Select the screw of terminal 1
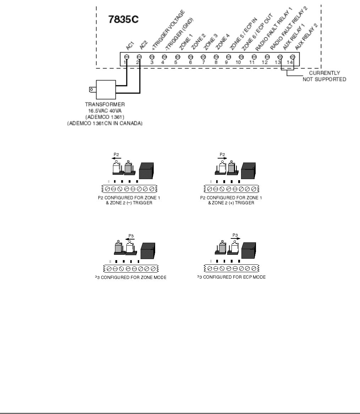pos(127,57)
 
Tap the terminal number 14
pos(292,63)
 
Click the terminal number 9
pos(229,63)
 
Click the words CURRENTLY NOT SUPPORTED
pos(324,76)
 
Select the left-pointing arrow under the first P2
pos(117,158)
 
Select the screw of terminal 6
pos(191,57)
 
